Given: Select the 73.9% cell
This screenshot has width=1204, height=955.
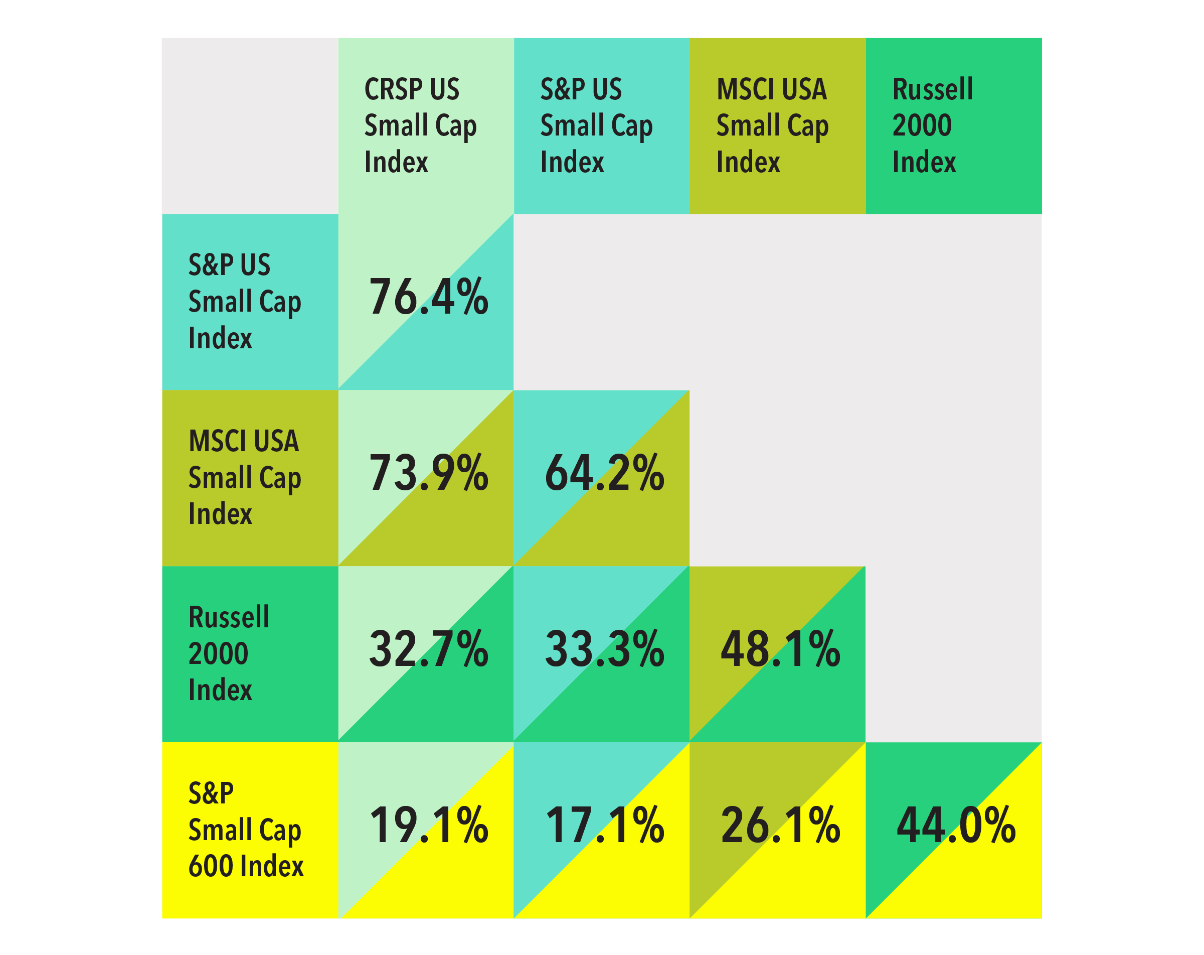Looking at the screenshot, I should [x=428, y=473].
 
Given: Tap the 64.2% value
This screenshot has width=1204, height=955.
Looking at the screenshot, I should [x=604, y=473].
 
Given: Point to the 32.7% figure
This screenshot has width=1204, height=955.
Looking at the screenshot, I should [x=428, y=649].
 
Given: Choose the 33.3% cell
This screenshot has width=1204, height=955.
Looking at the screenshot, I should [x=604, y=649].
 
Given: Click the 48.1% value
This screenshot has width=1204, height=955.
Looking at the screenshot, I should [x=780, y=649].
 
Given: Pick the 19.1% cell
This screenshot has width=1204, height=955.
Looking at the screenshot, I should [x=428, y=826].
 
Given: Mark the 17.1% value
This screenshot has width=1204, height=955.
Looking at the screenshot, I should [x=604, y=826].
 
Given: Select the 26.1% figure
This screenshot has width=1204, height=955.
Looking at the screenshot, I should [x=780, y=826].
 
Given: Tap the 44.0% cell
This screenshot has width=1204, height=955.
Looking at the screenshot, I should [x=956, y=826].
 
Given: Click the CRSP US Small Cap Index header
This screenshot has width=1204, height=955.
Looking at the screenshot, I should [x=420, y=126].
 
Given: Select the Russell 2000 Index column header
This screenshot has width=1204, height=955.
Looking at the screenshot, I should [x=933, y=126].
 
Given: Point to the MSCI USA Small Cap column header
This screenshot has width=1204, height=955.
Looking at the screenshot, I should [x=772, y=126].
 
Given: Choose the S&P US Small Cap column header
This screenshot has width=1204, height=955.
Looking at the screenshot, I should [x=596, y=126].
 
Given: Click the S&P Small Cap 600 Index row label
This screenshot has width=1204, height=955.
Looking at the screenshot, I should [x=246, y=830].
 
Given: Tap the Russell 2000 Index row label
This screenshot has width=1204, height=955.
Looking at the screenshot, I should [x=229, y=653].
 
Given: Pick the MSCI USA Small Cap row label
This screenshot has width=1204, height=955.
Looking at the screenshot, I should [x=245, y=477].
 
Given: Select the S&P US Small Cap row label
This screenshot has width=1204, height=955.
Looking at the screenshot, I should [x=245, y=301].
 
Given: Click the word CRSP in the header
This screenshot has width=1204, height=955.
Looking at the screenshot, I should [x=385, y=89].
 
